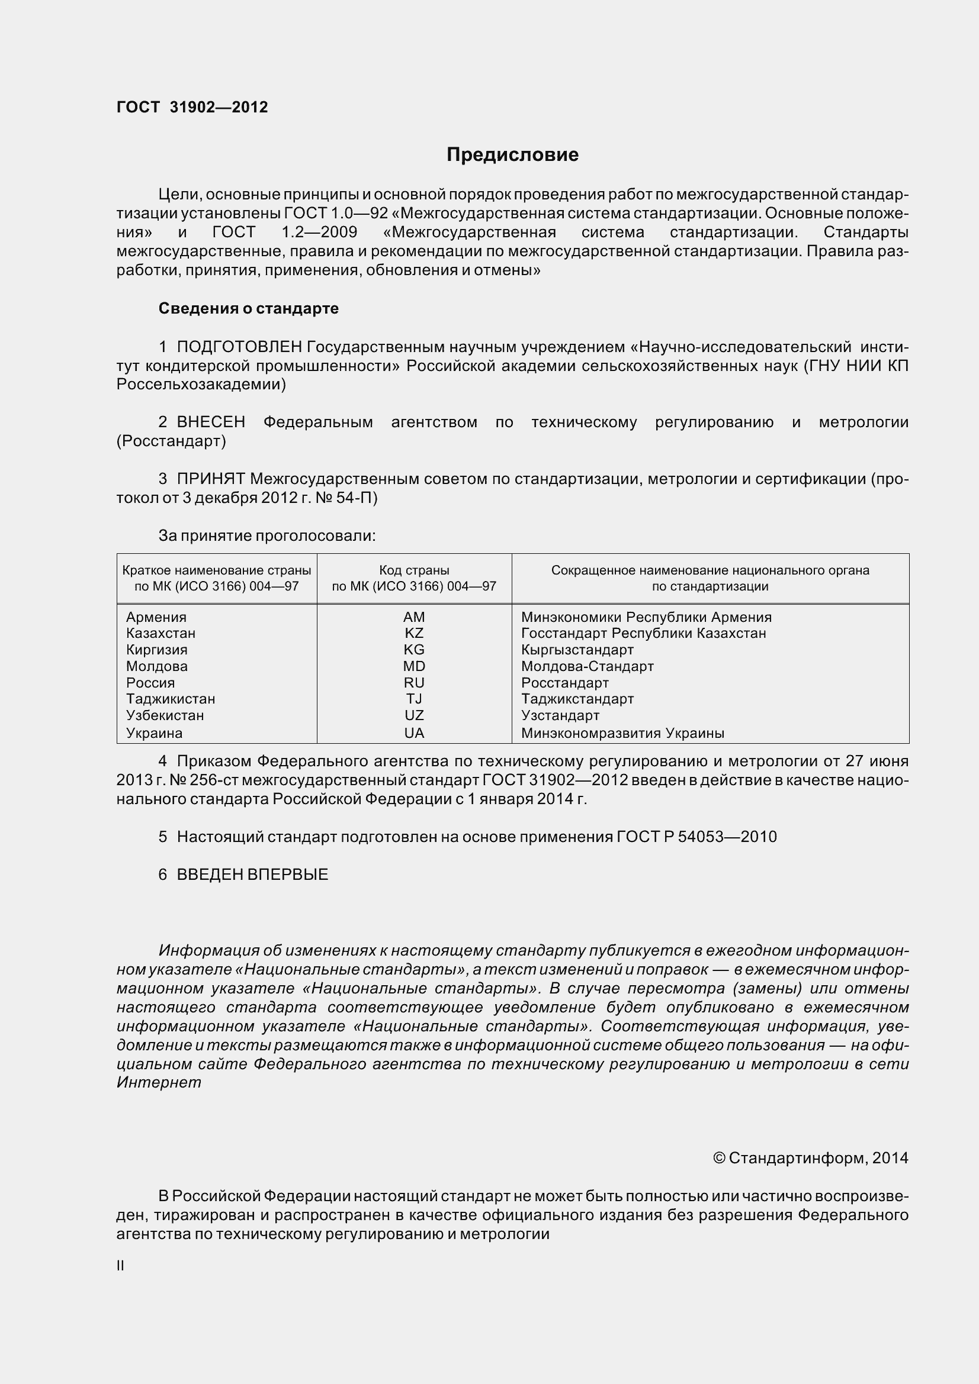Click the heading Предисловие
click(512, 155)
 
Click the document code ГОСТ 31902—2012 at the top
click(192, 107)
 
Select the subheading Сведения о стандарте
click(249, 308)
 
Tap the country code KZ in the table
click(414, 633)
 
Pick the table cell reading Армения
click(156, 617)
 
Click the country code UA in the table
click(414, 733)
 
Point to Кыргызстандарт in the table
click(577, 650)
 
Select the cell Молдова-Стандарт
click(587, 666)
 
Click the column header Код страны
click(414, 570)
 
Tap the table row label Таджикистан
click(171, 699)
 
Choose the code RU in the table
click(414, 682)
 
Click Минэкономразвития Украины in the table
click(622, 733)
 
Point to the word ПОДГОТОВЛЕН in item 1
click(239, 347)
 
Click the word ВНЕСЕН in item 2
click(211, 422)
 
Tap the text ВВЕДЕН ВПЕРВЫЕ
click(252, 874)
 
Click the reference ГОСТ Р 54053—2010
click(696, 837)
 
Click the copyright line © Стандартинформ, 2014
click(810, 1158)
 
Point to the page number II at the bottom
click(120, 1266)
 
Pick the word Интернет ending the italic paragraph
click(159, 1082)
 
